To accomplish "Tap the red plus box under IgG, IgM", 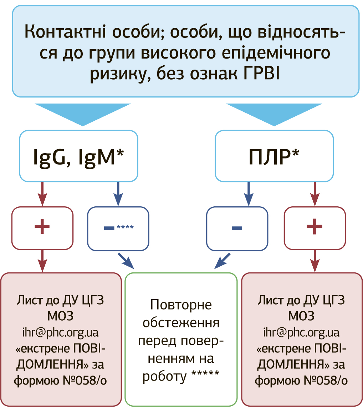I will point(42,227).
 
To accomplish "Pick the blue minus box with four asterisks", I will point(118,227).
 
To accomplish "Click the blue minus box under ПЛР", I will point(237,227).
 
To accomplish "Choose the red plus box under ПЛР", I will point(315,227).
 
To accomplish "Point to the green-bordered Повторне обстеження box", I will point(181,339).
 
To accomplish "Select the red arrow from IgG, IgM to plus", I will point(42,194).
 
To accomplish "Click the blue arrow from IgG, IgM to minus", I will point(118,194).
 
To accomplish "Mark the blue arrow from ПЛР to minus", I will point(249,194).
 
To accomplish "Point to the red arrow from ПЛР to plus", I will point(315,194).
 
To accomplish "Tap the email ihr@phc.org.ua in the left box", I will point(60,332).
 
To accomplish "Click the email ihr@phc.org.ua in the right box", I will point(301,332).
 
